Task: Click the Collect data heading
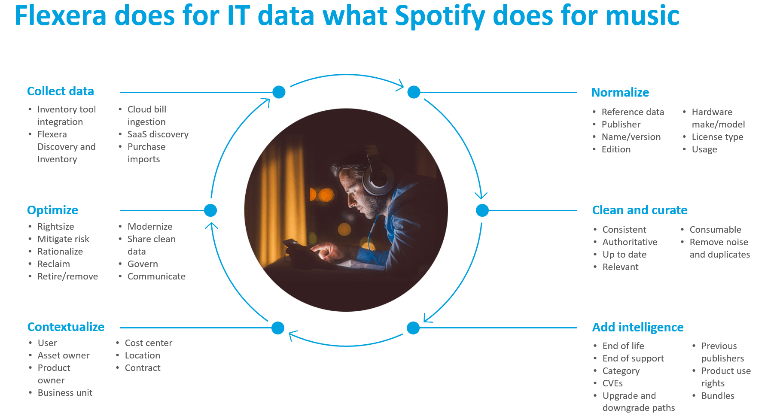coord(61,91)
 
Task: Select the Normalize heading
coord(620,92)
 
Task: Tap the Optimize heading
coord(52,210)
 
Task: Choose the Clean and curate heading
coord(640,210)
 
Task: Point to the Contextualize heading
coord(66,327)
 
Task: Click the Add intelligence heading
coord(638,327)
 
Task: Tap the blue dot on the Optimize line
coord(210,210)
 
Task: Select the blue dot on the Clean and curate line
coord(482,210)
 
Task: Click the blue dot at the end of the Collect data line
coord(279,92)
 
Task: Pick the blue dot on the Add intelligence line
coord(413,328)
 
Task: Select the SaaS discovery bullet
coord(158,134)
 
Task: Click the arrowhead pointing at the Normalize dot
coord(400,85)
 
